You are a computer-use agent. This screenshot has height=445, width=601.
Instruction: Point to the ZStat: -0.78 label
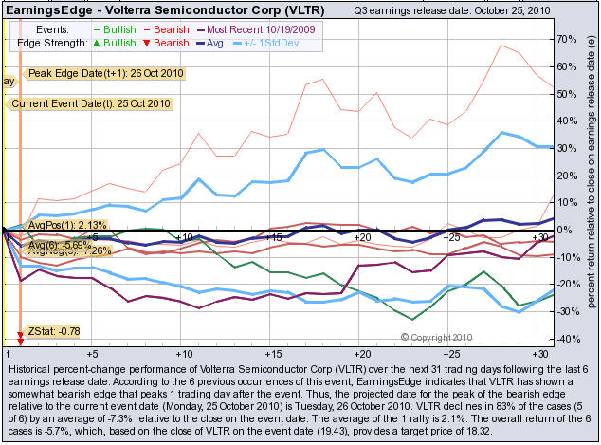tap(54, 329)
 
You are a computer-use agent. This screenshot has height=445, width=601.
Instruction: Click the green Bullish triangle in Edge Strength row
tap(101, 44)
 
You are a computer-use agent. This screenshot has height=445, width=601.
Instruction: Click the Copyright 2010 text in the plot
tap(442, 337)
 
